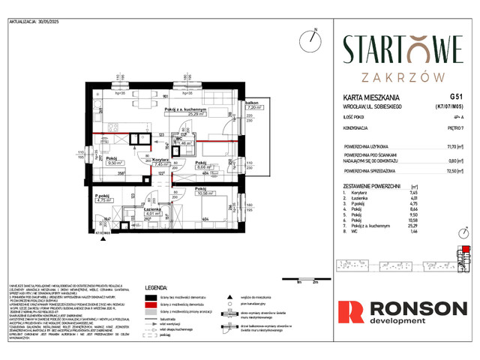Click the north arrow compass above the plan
(310, 40)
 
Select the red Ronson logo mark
(350, 311)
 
